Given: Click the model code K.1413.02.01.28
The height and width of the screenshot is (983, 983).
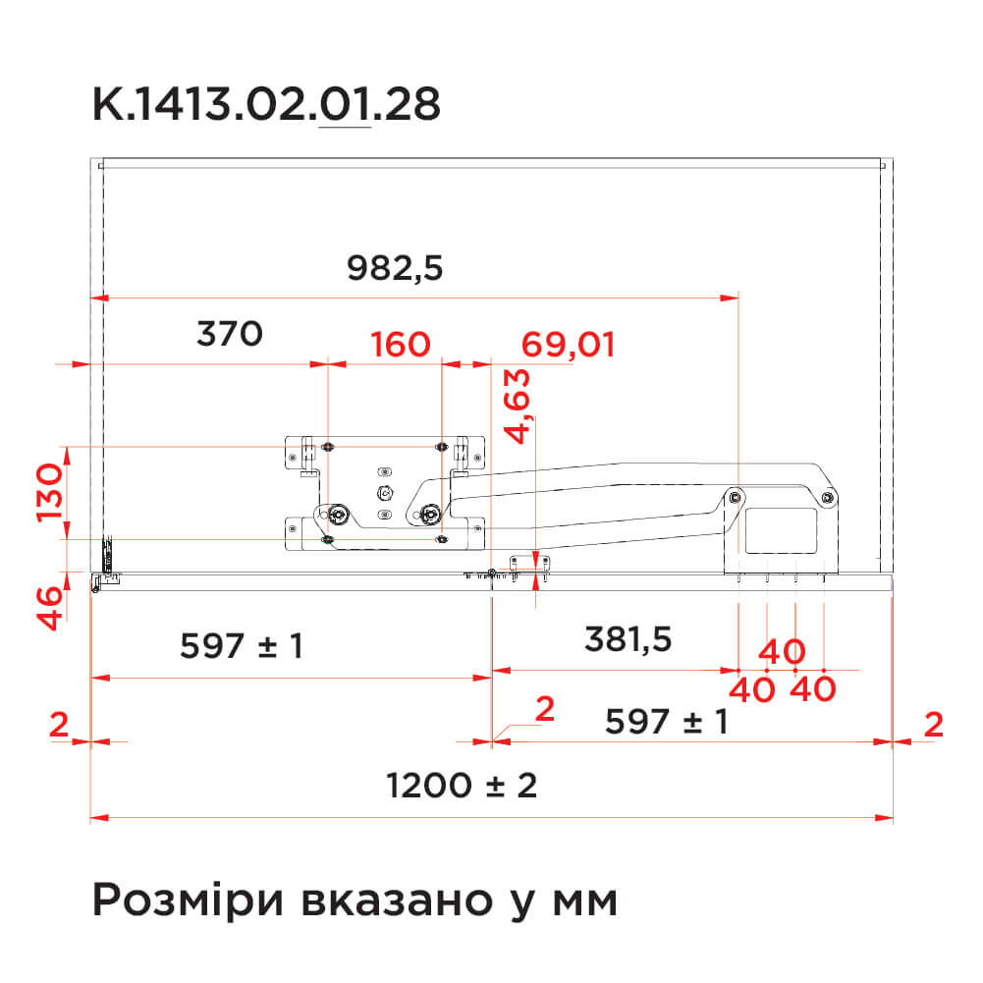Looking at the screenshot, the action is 266,104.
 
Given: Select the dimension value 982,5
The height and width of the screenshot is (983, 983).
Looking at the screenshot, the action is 395,268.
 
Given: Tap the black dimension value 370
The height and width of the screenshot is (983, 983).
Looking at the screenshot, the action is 230,334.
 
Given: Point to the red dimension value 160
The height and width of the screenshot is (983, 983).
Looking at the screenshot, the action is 401,345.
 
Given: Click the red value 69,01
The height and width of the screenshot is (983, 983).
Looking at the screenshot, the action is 568,346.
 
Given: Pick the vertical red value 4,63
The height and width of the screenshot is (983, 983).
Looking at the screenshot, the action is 518,407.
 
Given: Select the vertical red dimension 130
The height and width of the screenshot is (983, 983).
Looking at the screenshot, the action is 50,493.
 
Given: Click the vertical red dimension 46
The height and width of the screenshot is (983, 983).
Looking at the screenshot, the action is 50,608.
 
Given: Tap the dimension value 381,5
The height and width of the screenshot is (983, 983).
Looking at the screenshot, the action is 628,640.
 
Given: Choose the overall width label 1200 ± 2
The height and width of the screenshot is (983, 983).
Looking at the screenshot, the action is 462,786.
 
